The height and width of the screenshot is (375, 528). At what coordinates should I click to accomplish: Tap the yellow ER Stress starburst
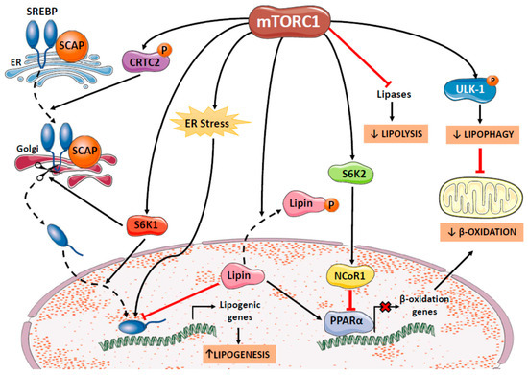(x=220, y=124)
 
